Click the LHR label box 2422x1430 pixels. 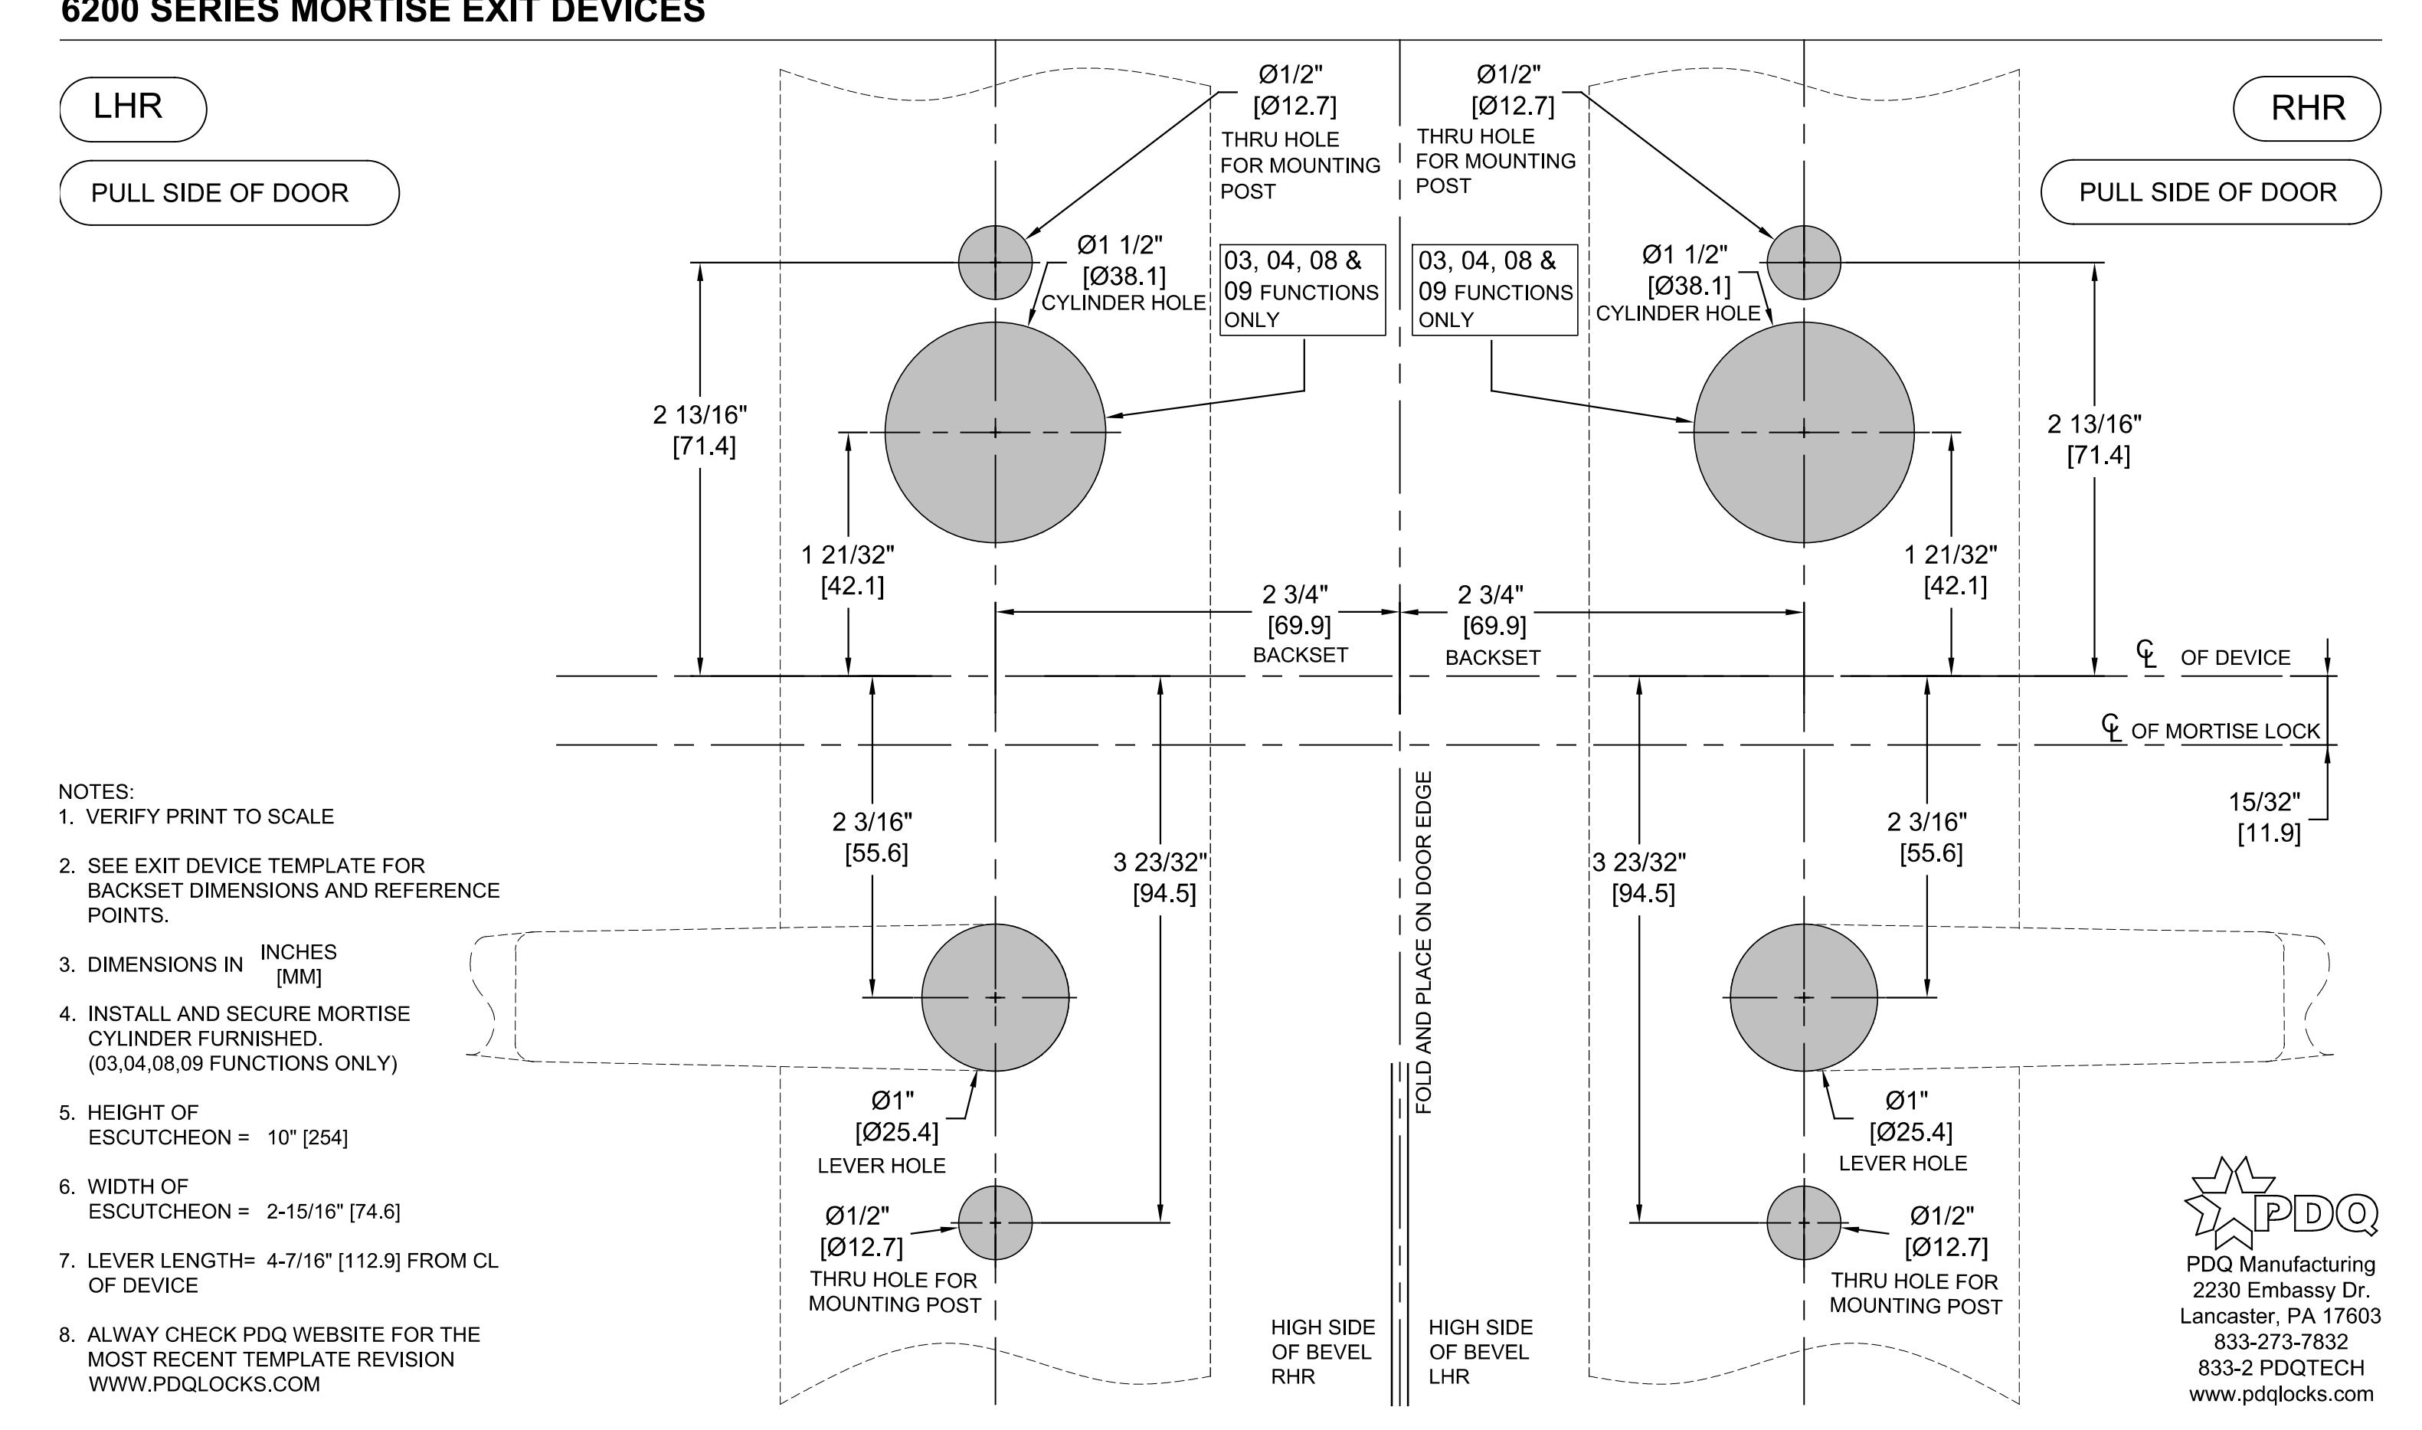tap(133, 109)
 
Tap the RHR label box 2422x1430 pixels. tap(2306, 108)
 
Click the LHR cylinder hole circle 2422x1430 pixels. tap(995, 433)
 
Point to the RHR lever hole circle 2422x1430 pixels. tap(1804, 997)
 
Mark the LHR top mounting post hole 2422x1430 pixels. tap(995, 262)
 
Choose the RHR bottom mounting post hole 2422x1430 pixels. tap(1804, 1223)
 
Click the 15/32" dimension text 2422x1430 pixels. tap(2265, 802)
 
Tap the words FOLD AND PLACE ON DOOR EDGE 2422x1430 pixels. tap(1424, 942)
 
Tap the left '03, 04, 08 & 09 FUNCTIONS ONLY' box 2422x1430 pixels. tap(1302, 290)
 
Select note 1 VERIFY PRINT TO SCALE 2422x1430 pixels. tap(197, 817)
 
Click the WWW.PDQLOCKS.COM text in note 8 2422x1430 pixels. tap(205, 1385)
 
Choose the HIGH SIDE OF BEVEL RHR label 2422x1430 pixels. tap(1322, 1352)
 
